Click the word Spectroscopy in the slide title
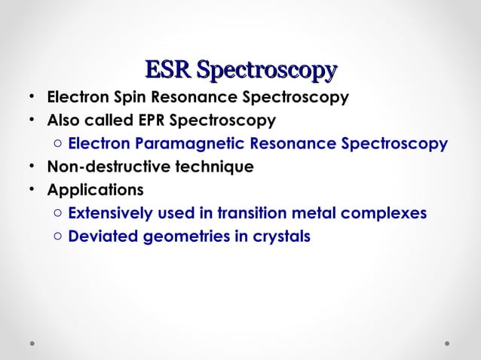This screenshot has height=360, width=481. coord(265,71)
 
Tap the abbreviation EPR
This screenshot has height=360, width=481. coord(149,121)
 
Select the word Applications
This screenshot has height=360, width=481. coord(95,189)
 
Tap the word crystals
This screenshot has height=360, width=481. coord(279,236)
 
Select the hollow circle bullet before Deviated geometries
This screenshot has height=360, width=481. coord(58,236)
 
